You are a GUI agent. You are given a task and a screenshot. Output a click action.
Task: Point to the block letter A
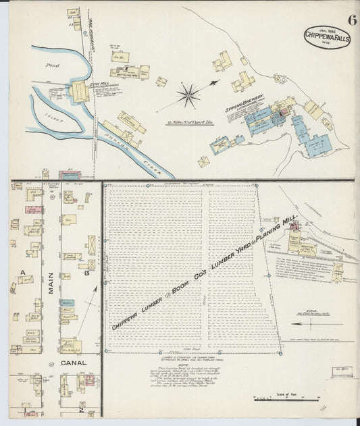pyautogui.click(x=22, y=272)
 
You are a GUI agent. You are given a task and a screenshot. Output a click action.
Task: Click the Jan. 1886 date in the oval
pyautogui.click(x=317, y=27)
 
